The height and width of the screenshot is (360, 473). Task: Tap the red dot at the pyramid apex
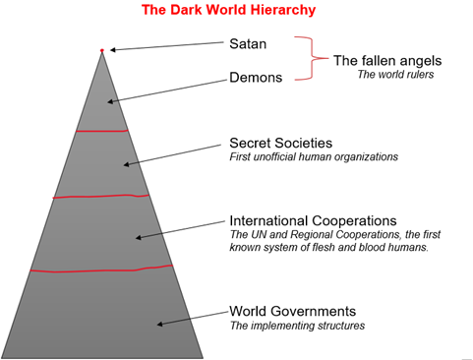click(101, 50)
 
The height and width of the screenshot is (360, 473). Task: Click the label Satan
click(248, 43)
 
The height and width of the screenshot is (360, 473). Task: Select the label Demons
click(257, 76)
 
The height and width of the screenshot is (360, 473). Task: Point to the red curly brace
click(312, 59)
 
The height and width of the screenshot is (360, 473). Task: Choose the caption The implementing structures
click(297, 325)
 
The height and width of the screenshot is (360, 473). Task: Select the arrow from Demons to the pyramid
click(166, 87)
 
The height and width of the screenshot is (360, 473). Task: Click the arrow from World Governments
click(191, 317)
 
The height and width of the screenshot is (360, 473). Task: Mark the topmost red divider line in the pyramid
click(102, 130)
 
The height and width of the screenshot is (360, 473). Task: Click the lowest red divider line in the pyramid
click(101, 269)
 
